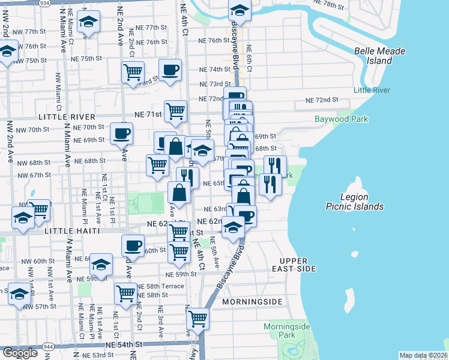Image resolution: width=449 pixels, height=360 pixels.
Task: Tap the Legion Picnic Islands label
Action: (362, 202)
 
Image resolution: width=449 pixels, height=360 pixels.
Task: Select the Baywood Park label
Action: (341, 119)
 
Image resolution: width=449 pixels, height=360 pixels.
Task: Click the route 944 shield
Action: (49, 347)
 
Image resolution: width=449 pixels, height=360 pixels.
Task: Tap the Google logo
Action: (20, 353)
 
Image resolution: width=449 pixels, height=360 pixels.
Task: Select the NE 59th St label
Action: (182, 274)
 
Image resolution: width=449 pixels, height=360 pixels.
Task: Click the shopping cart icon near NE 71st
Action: (175, 110)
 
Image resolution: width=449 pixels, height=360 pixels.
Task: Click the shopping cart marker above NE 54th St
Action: (197, 318)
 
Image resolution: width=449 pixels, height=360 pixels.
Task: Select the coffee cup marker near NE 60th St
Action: (133, 245)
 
